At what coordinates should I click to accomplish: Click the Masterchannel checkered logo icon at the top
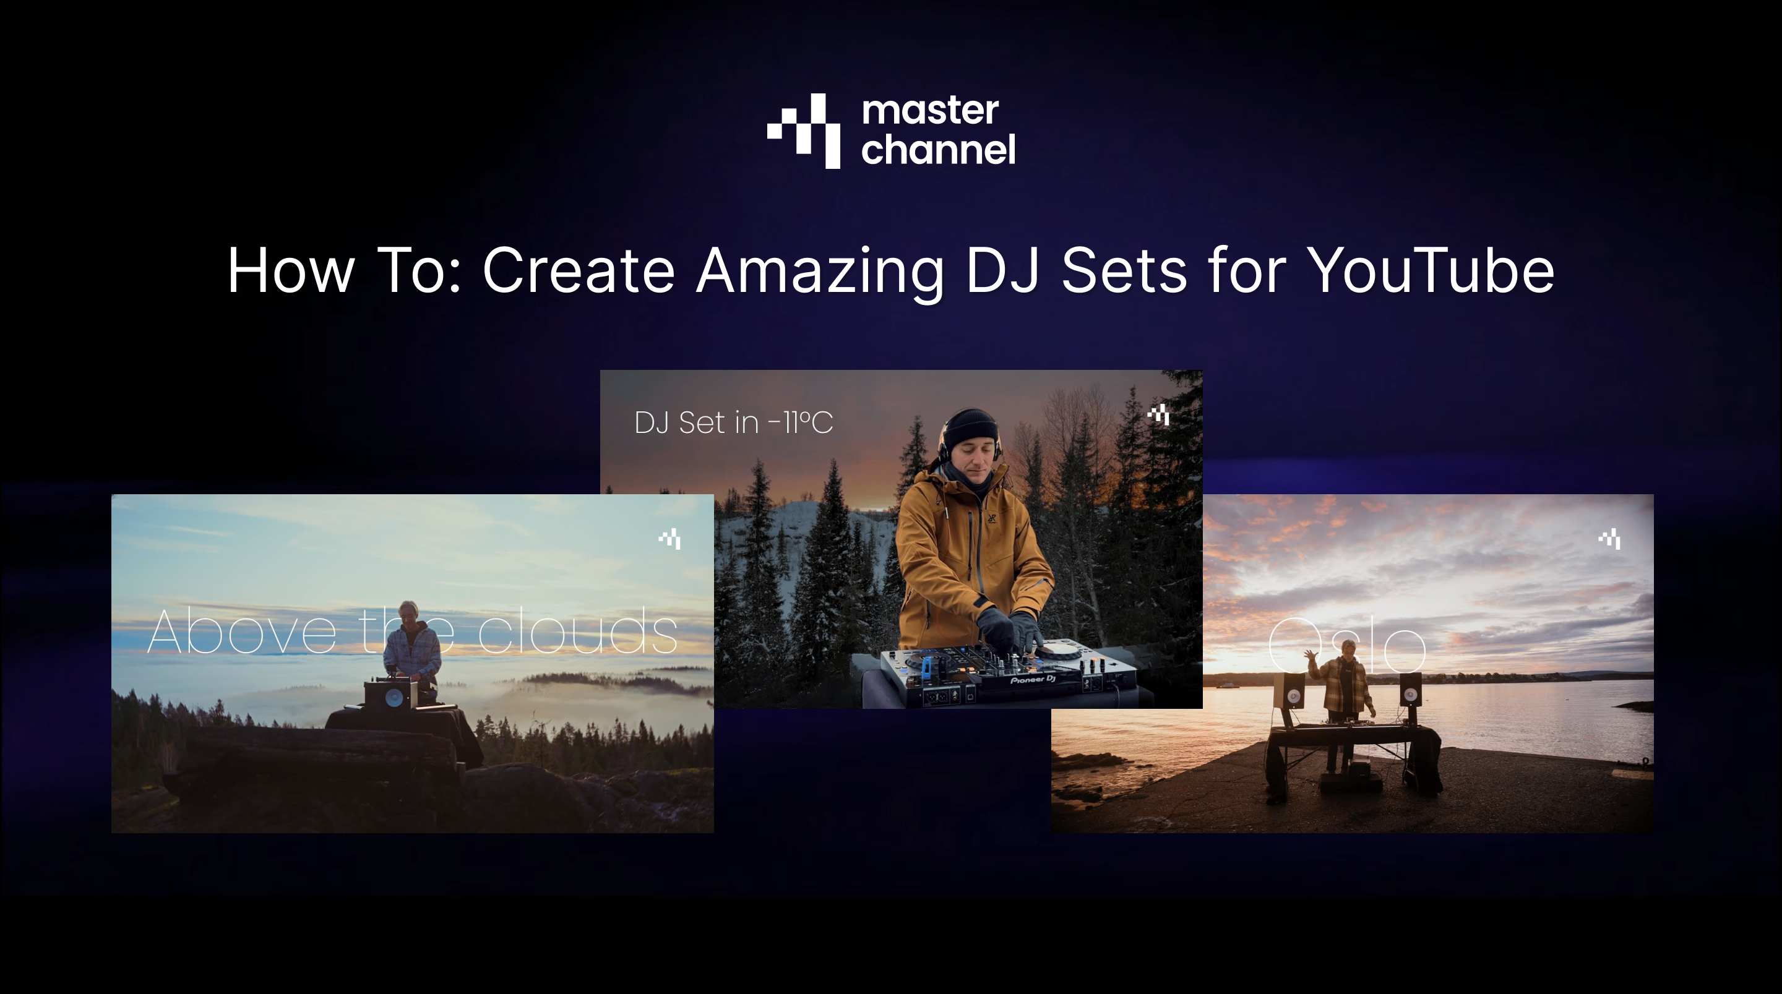804,131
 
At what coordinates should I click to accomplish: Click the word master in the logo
930,111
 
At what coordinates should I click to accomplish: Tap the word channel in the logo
938,150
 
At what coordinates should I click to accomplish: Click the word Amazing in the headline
820,270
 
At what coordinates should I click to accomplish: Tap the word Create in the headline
579,270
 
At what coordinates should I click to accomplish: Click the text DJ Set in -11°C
733,422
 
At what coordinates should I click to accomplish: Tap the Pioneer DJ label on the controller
1032,680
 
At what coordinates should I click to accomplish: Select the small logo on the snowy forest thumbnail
1159,414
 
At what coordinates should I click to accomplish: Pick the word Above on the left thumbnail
242,632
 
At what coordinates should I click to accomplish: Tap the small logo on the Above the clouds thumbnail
669,538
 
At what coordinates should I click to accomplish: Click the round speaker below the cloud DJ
394,697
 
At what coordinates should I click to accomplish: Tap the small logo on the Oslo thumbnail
1610,538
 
